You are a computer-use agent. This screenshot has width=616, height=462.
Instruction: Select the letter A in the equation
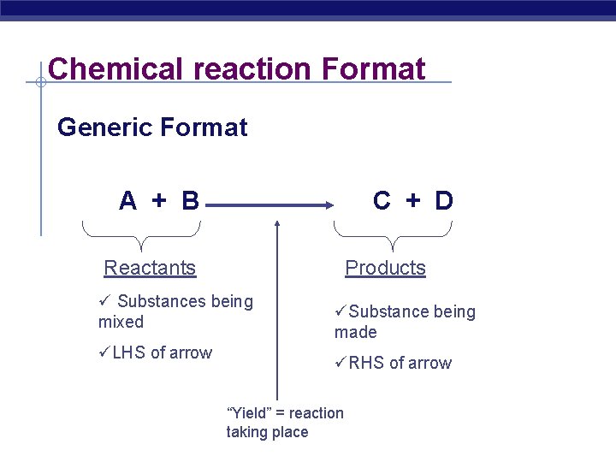click(x=127, y=201)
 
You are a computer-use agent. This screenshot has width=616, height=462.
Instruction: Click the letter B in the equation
click(x=190, y=201)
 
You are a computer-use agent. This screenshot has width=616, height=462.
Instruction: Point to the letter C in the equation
click(x=382, y=201)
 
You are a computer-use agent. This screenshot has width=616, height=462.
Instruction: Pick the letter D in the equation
click(x=443, y=201)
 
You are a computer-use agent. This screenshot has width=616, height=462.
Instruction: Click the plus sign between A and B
click(x=159, y=201)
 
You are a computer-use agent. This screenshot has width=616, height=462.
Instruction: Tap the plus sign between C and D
click(x=413, y=201)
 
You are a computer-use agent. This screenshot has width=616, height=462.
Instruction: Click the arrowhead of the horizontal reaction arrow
click(x=328, y=205)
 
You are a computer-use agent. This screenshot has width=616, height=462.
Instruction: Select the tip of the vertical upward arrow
click(x=276, y=225)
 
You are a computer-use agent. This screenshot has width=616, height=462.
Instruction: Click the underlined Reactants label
click(x=150, y=268)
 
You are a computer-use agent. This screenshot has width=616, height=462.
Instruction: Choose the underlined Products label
click(x=385, y=268)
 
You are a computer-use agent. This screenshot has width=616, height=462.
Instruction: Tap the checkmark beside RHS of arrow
click(x=340, y=363)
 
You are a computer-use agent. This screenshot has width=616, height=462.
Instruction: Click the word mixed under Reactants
click(x=121, y=323)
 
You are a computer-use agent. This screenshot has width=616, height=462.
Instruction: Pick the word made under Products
click(x=356, y=332)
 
